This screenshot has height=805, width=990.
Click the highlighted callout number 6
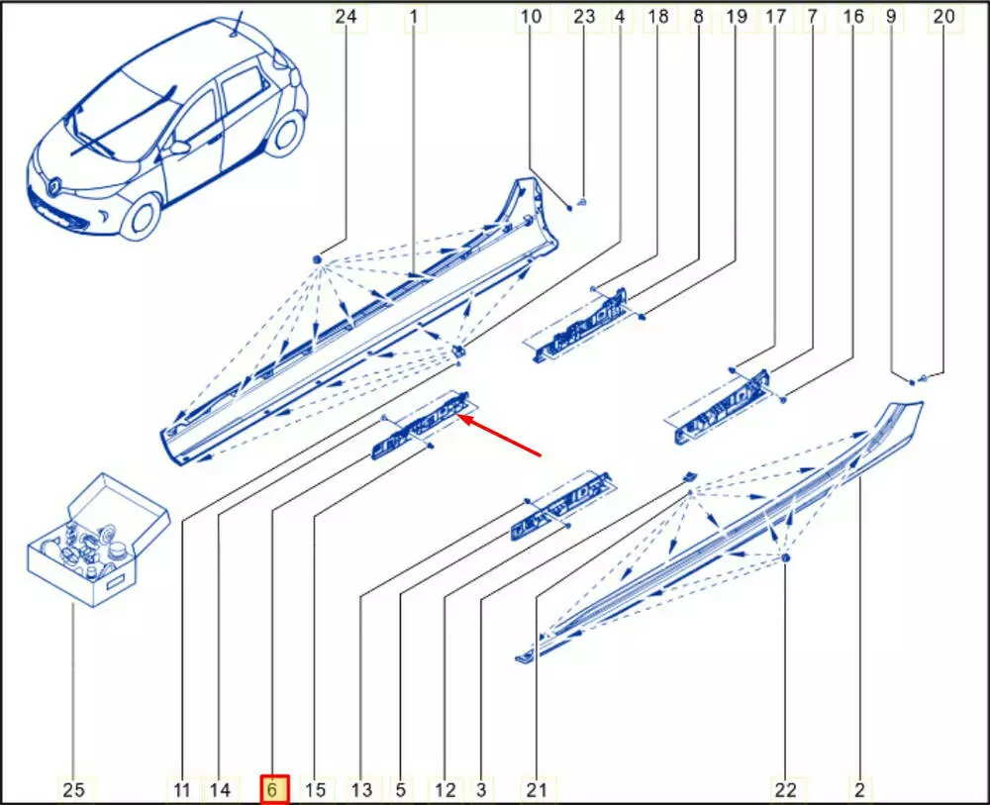pyautogui.click(x=273, y=789)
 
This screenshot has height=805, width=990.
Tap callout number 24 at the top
pyautogui.click(x=346, y=17)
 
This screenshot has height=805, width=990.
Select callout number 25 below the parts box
pyautogui.click(x=73, y=789)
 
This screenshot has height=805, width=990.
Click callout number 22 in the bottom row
pyautogui.click(x=786, y=789)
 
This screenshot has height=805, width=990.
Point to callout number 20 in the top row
pyautogui.click(x=943, y=17)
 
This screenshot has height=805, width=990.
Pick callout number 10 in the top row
pyautogui.click(x=531, y=17)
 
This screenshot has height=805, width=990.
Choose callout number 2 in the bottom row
pyautogui.click(x=859, y=789)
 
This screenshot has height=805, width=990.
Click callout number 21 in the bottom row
pyautogui.click(x=537, y=789)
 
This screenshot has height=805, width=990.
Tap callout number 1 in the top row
pyautogui.click(x=414, y=17)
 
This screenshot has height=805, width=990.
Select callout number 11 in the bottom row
pyautogui.click(x=182, y=789)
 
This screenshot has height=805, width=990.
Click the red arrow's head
pyautogui.click(x=464, y=418)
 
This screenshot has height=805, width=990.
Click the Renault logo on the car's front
pyautogui.click(x=54, y=185)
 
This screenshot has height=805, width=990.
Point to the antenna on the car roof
pyautogui.click(x=237, y=25)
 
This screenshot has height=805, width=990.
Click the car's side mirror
pyautogui.click(x=180, y=148)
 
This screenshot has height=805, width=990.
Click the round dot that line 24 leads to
pyautogui.click(x=318, y=258)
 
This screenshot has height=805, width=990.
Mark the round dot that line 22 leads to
pyautogui.click(x=785, y=558)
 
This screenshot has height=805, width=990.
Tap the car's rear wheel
pyautogui.click(x=285, y=134)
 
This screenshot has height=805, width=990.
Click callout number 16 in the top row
pyautogui.click(x=853, y=17)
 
